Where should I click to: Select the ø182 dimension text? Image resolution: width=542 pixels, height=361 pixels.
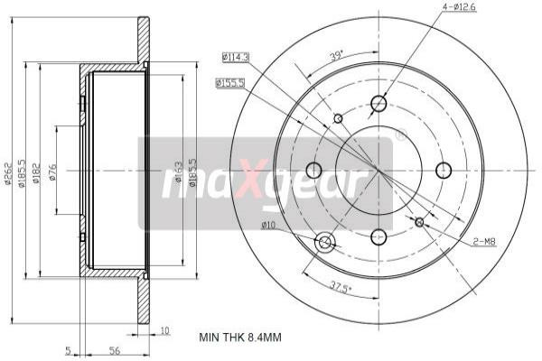pyautogui.click(x=35, y=177)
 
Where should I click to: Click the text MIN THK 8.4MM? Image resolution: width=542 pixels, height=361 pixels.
pyautogui.click(x=240, y=338)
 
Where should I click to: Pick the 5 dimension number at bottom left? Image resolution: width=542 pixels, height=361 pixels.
pyautogui.click(x=68, y=350)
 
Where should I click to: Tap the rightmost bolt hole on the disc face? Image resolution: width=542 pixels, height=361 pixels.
pyautogui.click(x=444, y=170)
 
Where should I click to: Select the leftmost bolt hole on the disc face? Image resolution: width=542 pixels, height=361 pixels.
pyautogui.click(x=314, y=170)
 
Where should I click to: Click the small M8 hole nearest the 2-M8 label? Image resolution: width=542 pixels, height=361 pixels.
pyautogui.click(x=419, y=222)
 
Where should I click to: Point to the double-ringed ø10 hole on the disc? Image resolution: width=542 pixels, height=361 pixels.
pyautogui.click(x=325, y=242)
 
